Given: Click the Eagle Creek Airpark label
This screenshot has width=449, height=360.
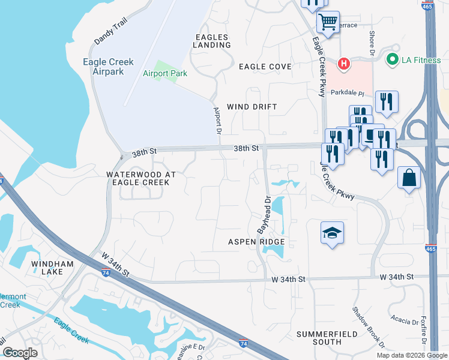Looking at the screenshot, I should coord(107,66).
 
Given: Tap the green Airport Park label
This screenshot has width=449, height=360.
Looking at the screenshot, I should coord(165,74).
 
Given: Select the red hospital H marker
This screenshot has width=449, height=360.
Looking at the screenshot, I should coord(344,63).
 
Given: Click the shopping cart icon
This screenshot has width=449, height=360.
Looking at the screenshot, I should coord(328,23).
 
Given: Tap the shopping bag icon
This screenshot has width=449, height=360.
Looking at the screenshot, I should coord(409,178).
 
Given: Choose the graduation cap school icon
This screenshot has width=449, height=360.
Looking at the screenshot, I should coord(332,233).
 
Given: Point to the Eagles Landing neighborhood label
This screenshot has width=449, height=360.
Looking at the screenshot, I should coord(212,41).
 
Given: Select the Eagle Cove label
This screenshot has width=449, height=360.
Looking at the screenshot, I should coord(265,67).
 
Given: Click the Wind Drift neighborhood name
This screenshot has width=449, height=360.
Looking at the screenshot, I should coord(252,107).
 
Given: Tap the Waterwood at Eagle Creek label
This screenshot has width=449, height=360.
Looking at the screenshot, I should coord(140,178).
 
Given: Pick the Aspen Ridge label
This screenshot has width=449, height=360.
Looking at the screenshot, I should coord(256,242).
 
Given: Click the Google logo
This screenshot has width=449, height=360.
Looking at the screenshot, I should coord(20,353).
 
